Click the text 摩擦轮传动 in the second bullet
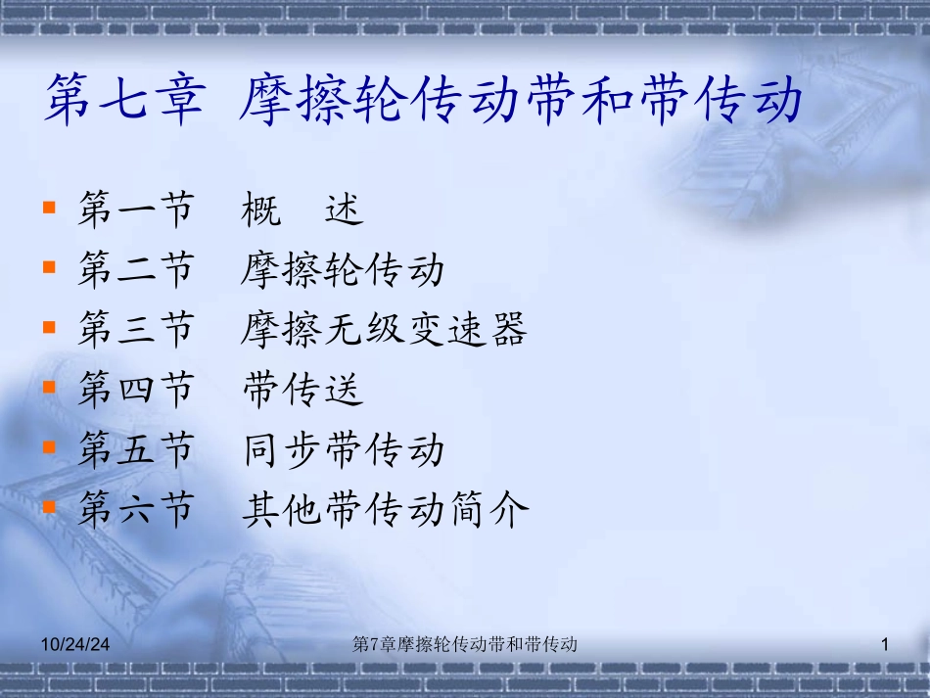[343, 269]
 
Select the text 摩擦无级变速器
[384, 330]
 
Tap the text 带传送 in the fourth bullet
[302, 390]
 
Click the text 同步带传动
[343, 450]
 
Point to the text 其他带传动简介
[385, 510]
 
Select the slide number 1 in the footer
[884, 644]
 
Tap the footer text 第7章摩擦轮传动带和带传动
[464, 644]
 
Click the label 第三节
[136, 330]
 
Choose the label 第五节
[136, 450]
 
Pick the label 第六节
[136, 510]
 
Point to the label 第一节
[136, 209]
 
